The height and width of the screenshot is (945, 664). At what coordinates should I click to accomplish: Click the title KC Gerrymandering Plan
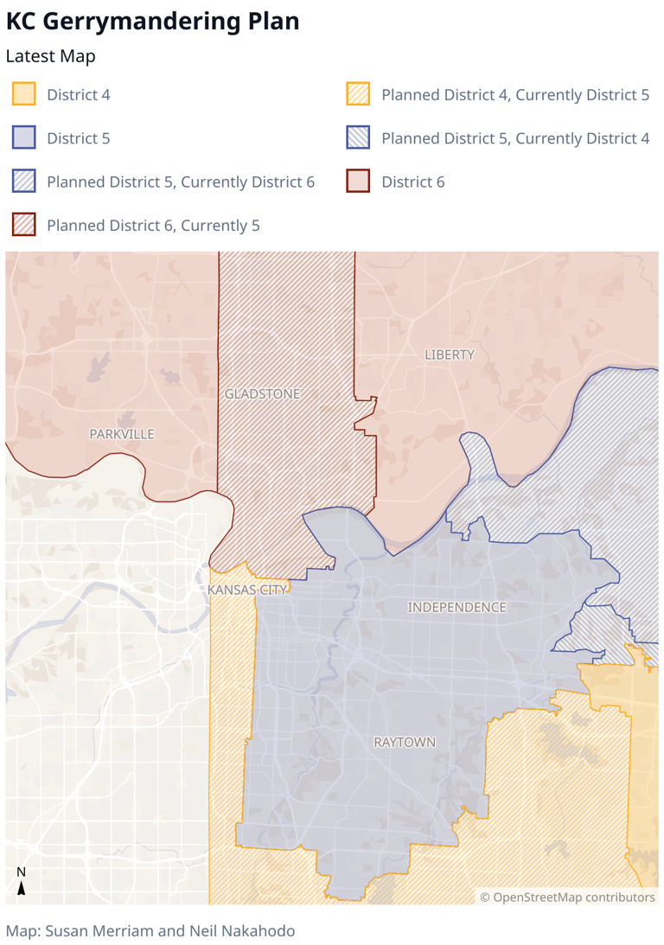[153, 22]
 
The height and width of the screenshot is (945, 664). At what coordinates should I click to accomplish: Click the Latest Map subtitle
[50, 57]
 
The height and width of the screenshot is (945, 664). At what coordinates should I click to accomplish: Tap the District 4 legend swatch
[24, 94]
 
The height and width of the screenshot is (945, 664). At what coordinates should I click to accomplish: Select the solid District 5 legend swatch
[24, 137]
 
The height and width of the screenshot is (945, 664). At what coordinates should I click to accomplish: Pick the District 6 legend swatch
[358, 182]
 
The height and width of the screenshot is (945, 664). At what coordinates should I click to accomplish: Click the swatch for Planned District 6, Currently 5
[24, 226]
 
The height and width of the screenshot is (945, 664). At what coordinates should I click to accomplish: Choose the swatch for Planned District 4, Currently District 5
[358, 94]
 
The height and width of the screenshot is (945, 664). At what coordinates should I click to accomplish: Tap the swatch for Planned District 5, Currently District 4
[358, 137]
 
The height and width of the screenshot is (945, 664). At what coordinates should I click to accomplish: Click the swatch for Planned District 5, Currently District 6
[24, 182]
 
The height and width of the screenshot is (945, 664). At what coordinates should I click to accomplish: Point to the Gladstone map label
[263, 394]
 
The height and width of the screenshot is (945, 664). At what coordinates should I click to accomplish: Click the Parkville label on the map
[122, 434]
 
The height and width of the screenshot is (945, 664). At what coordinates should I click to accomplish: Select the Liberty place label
[450, 354]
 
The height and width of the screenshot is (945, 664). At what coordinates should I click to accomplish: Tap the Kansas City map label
[247, 590]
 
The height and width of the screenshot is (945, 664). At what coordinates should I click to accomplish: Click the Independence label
[456, 608]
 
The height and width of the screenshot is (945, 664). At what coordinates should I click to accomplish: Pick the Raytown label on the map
[405, 743]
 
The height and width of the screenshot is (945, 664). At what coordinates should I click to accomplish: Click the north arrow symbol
[22, 882]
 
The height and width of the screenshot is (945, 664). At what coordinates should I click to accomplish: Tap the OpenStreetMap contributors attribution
[568, 897]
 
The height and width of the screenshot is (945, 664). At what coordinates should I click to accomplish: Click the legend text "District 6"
[413, 182]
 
